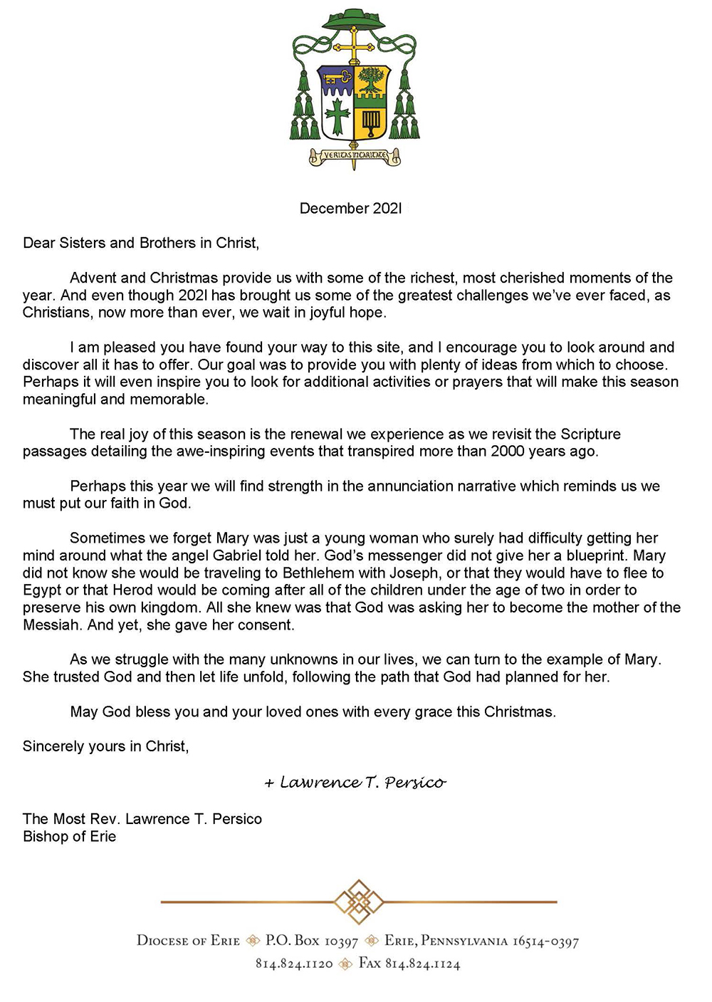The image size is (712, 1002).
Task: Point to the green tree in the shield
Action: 371,80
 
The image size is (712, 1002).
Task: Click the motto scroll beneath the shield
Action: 354,155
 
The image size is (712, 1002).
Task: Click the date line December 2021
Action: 350,209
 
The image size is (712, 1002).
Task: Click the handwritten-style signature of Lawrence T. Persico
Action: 355,783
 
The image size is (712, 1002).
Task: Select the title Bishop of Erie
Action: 69,836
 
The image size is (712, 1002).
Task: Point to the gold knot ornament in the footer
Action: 359,902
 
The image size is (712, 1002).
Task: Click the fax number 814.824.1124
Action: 422,964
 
